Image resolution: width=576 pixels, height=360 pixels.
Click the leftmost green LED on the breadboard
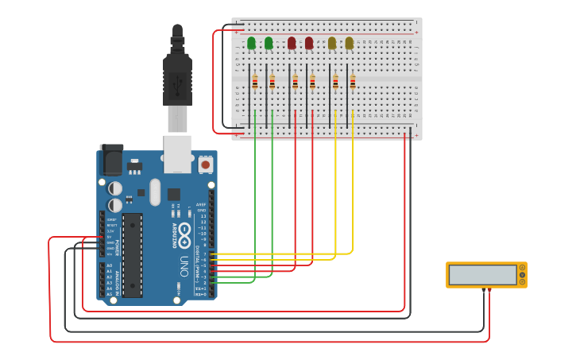pos(251,43)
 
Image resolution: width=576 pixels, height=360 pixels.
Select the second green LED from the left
pos(269,43)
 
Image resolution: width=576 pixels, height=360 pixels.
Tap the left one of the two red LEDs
pos(292,43)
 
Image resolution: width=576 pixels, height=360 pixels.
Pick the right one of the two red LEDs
pos(309,43)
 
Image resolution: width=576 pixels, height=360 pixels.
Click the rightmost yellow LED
pos(350,43)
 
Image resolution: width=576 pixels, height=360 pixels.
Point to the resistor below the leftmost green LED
pos(255,81)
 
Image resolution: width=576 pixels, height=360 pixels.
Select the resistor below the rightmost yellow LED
pos(353,81)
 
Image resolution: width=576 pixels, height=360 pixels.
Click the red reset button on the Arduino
pos(206,165)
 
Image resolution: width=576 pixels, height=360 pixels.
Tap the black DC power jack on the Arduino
pos(110,159)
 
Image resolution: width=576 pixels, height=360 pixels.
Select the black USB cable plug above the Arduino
pos(177,79)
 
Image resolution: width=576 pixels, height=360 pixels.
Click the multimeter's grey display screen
pos(482,275)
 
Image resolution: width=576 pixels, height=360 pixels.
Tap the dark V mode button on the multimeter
pos(522,275)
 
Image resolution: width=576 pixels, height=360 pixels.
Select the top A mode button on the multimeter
pos(522,268)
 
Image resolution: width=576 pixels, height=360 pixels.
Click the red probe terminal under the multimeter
pos(489,290)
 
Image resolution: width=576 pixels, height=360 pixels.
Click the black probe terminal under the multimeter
pos(483,290)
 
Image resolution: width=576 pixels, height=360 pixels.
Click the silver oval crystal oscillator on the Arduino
pos(155,192)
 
